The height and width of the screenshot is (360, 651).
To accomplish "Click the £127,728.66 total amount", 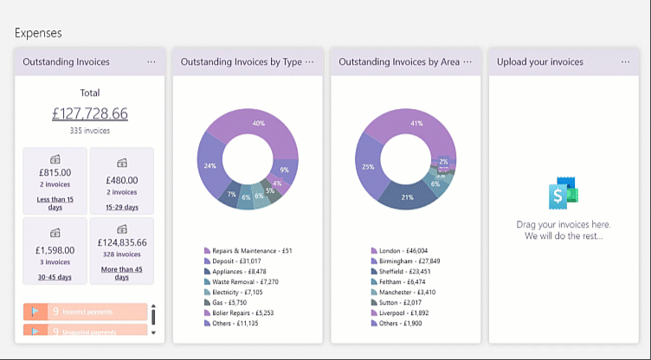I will tap(89, 113).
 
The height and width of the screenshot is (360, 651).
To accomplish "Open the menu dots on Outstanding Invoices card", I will tap(151, 62).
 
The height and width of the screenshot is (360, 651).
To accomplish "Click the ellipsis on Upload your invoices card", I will tap(625, 62).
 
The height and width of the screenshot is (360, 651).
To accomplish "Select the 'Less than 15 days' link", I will tap(55, 203).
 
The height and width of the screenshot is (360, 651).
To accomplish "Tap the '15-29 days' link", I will tap(121, 207).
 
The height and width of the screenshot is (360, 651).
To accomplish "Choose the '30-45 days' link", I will tap(55, 277).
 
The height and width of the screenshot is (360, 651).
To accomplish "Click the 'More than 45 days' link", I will tap(121, 273).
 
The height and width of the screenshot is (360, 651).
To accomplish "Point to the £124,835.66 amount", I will tap(121, 242).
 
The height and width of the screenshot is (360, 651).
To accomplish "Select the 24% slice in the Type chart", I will tap(210, 164).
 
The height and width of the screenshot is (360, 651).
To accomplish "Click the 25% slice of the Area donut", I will tap(369, 167).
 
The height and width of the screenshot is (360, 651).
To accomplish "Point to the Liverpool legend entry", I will tap(403, 312).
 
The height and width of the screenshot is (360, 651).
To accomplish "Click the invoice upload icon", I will tap(563, 195).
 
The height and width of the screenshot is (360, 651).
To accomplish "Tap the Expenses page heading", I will tap(38, 33).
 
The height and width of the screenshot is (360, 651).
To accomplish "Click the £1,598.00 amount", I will tap(55, 249).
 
